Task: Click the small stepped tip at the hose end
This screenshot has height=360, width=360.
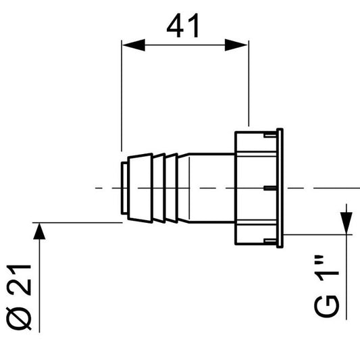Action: [x=124, y=186]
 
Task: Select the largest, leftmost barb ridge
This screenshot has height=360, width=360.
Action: [x=139, y=186]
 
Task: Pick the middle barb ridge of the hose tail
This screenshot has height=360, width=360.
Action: [x=158, y=186]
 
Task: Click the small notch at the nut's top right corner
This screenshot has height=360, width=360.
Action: [x=276, y=130]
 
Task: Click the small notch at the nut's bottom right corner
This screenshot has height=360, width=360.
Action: [x=276, y=242]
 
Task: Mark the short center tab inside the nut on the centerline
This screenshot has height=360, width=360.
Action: [x=269, y=186]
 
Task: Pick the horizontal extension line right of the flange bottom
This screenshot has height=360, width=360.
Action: [x=317, y=236]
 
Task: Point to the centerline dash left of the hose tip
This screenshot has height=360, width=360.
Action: [x=101, y=186]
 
